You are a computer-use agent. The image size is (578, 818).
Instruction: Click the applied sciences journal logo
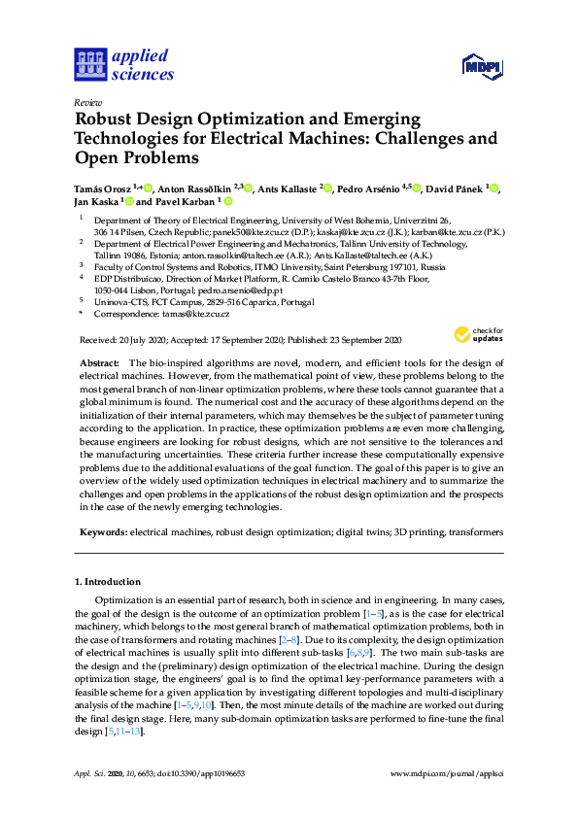pos(123,64)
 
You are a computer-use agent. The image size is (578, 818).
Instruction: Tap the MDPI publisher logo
pos(482,67)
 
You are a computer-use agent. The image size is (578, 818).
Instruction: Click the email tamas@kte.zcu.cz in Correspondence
pos(197,314)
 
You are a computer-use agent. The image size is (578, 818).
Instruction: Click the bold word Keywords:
pos(102,533)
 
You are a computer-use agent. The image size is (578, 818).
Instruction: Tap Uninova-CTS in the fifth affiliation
pos(119,302)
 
